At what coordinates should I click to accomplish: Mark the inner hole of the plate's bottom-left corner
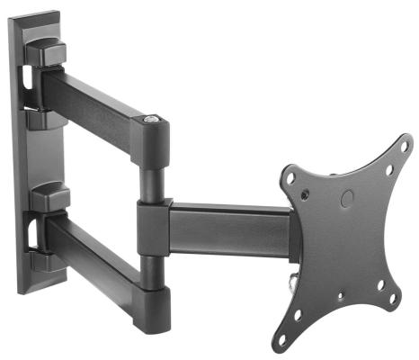click(298, 316)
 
